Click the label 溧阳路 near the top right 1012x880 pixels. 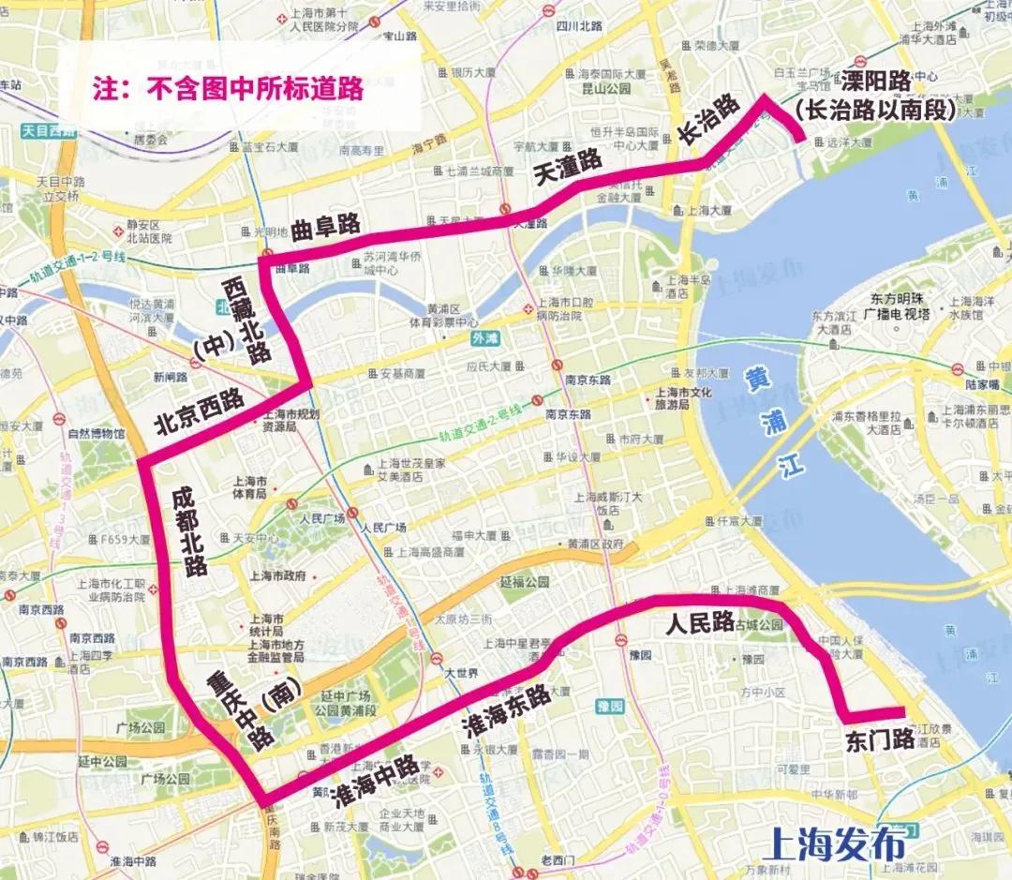pyautogui.click(x=875, y=81)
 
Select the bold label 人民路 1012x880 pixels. pyautogui.click(x=698, y=623)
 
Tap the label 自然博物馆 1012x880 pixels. pyautogui.click(x=97, y=435)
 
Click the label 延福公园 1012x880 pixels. pyautogui.click(x=524, y=582)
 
